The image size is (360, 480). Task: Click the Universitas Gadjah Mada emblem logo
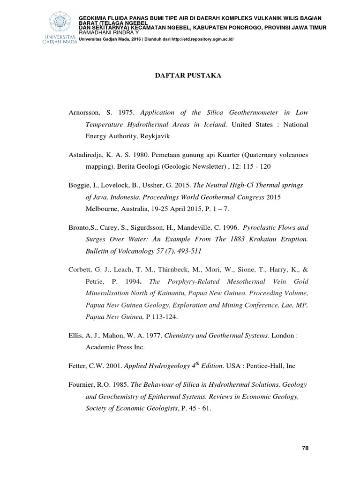[x=62, y=22]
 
